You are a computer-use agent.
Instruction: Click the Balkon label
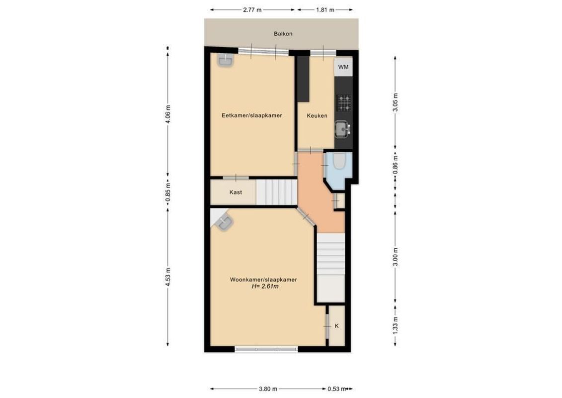tap(283, 34)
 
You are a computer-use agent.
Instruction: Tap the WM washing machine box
tap(343, 67)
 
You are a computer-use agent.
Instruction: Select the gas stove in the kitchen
tap(343, 103)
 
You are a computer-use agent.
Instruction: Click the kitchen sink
tap(342, 129)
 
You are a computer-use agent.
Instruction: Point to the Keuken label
tap(317, 115)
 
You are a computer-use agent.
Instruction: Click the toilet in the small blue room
tap(340, 163)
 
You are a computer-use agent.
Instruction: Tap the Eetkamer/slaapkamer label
tap(251, 115)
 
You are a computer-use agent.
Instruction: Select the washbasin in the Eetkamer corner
tap(225, 60)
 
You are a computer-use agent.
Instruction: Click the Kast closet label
tap(236, 192)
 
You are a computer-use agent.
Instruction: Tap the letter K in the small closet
tap(337, 326)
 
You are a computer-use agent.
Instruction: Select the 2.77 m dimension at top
tap(252, 9)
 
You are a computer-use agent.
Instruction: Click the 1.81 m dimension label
tap(325, 9)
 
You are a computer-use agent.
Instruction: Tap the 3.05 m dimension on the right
tap(395, 103)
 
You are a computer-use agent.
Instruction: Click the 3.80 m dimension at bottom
tap(268, 389)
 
